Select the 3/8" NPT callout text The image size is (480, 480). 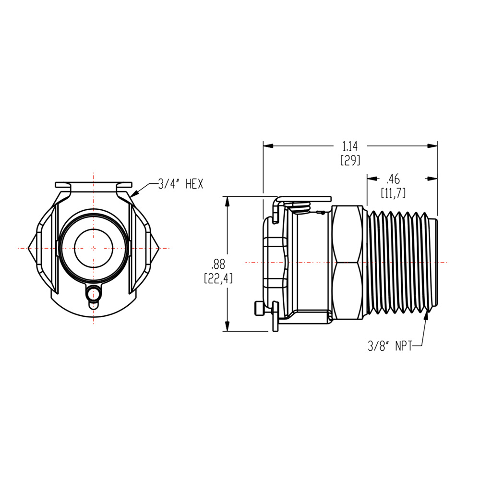pos(388,346)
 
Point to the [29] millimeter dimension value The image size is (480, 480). pos(350,161)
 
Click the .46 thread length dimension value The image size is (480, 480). pos(394,180)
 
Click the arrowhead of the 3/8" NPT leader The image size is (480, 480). pos(426,315)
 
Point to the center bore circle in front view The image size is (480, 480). pos(94,248)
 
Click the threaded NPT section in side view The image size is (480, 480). pos(401,262)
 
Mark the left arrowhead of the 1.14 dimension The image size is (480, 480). pos(267,145)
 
